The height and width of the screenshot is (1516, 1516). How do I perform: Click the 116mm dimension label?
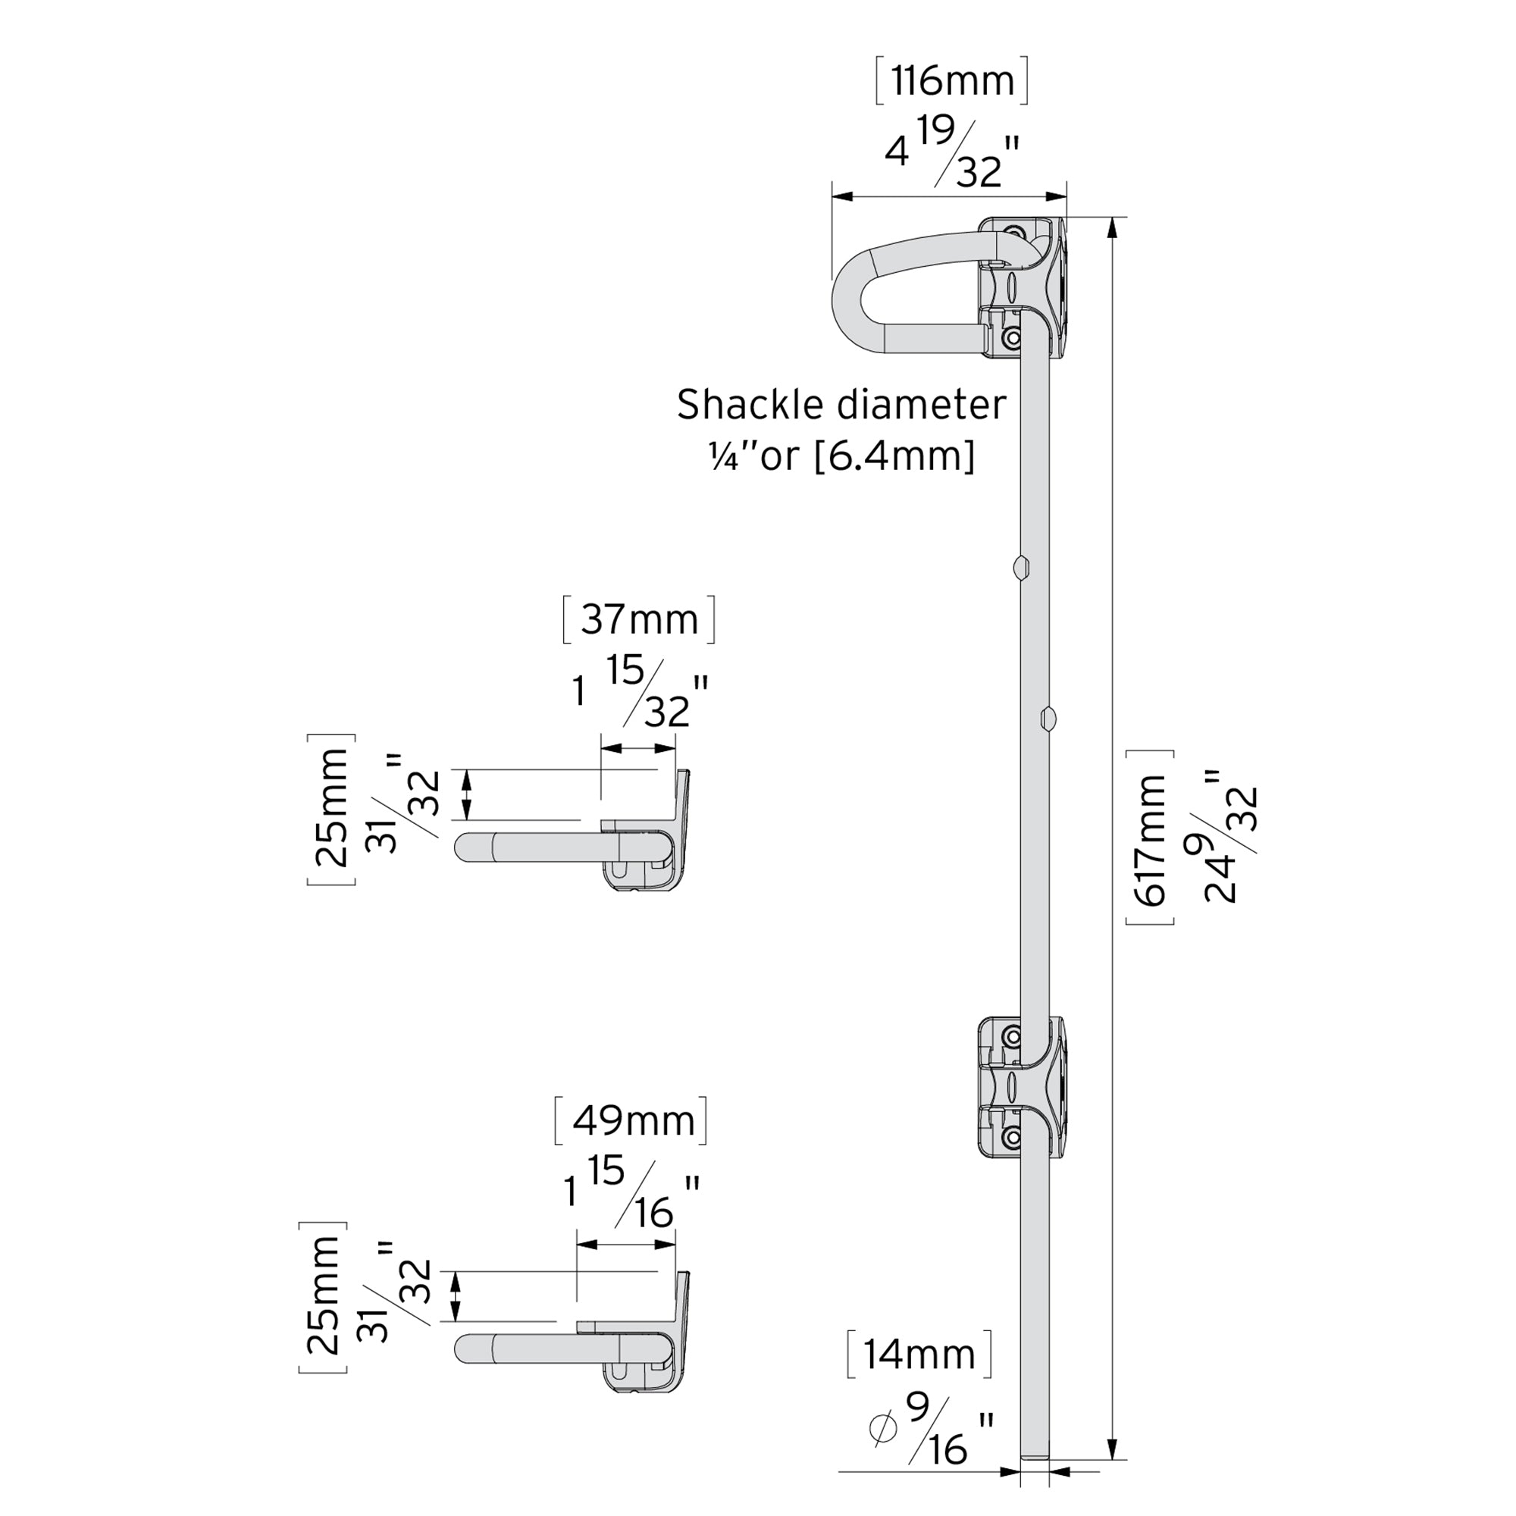tap(952, 81)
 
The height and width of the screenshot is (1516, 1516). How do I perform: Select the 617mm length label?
tap(1152, 838)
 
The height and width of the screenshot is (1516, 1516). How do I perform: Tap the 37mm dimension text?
tap(639, 620)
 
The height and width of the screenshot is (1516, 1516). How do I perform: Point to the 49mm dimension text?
tap(632, 1120)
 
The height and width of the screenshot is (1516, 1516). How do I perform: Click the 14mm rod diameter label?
tap(919, 1354)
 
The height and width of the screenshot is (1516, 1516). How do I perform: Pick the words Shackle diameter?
tap(841, 405)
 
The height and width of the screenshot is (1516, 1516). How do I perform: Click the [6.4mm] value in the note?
tap(894, 455)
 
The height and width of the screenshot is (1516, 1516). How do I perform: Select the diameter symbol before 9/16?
tap(883, 1428)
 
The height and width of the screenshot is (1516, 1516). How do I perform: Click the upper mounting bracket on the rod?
tap(1022, 287)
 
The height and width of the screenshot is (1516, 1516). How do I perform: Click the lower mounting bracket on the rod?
tap(1022, 1087)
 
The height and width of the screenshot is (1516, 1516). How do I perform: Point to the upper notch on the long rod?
tap(1020, 565)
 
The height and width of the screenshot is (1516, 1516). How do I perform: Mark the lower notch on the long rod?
tap(1048, 719)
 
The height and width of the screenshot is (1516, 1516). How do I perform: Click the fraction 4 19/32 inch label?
tap(951, 153)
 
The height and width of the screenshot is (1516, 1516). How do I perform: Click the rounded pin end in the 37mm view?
tap(465, 847)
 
